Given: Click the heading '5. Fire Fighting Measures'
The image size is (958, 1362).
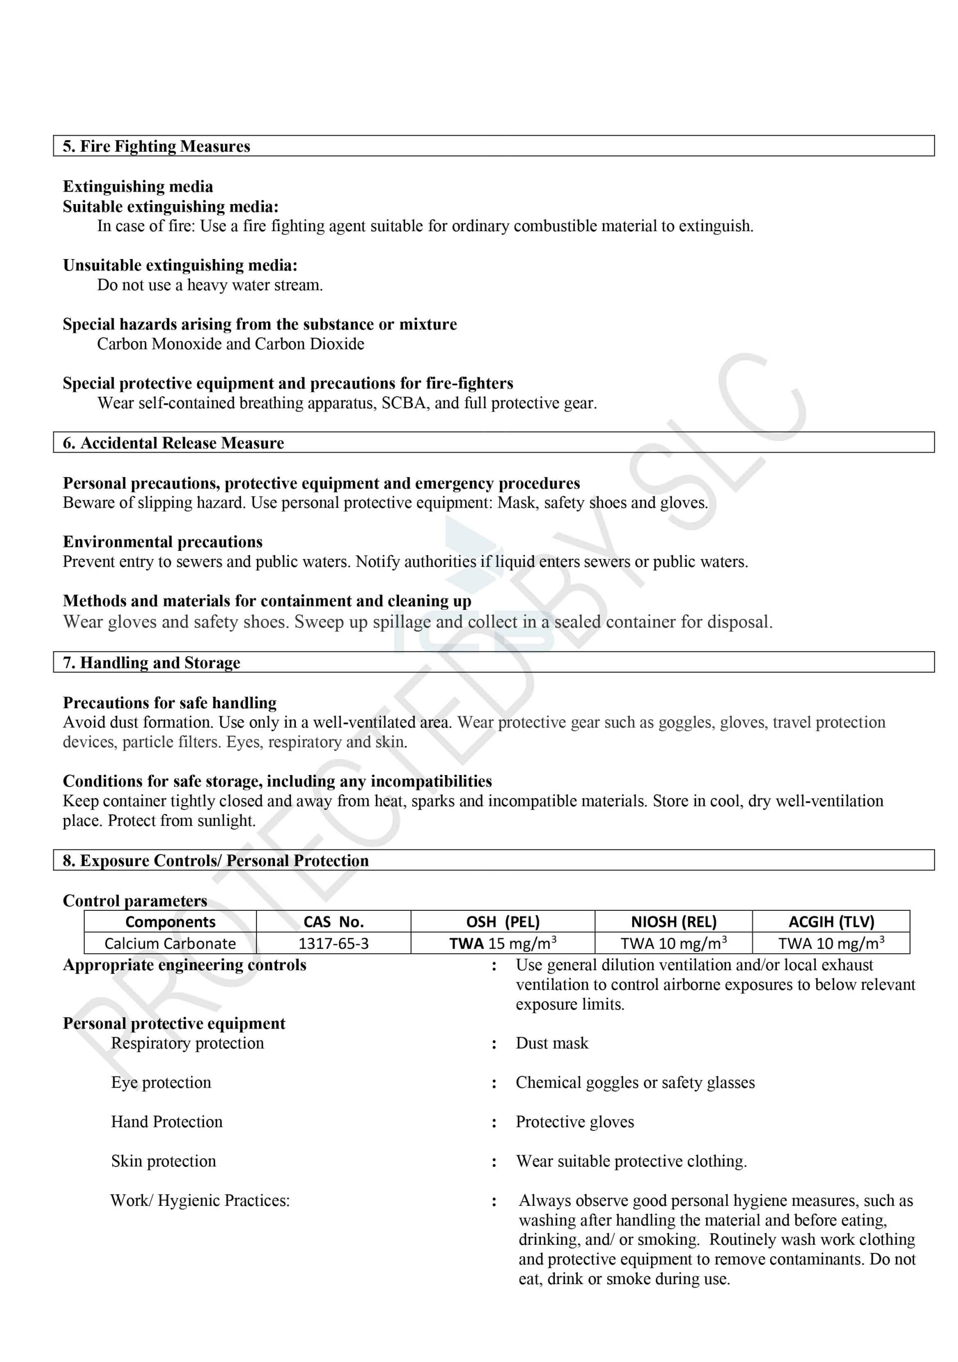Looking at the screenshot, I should pyautogui.click(x=157, y=147).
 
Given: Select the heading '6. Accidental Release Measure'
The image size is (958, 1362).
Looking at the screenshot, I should pyautogui.click(x=173, y=443).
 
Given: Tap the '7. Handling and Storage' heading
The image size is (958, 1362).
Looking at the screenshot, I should pyautogui.click(x=151, y=663).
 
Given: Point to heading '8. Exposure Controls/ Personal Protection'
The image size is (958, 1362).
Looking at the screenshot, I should pyautogui.click(x=216, y=861).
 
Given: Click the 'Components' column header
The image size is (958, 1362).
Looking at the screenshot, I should pyautogui.click(x=170, y=922).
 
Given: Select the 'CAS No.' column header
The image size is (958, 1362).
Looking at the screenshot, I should pyautogui.click(x=333, y=922).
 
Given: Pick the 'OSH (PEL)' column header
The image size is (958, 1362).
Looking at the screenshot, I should pyautogui.click(x=502, y=922).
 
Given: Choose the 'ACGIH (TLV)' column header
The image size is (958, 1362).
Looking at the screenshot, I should pyautogui.click(x=831, y=922).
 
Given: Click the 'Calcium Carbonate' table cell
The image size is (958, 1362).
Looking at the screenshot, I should pyautogui.click(x=170, y=943).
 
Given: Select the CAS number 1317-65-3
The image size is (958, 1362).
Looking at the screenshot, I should pyautogui.click(x=333, y=943).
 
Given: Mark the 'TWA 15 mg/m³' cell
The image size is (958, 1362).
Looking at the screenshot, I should pyautogui.click(x=502, y=943).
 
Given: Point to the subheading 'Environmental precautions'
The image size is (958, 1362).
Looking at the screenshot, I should pyautogui.click(x=163, y=542).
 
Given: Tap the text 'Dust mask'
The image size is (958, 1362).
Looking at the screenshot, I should pyautogui.click(x=552, y=1043).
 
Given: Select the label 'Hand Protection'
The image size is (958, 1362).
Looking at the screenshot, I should pyautogui.click(x=167, y=1122).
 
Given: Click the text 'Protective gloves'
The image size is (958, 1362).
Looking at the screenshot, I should pyautogui.click(x=574, y=1122).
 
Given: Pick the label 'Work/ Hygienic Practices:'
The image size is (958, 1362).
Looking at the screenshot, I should pyautogui.click(x=200, y=1201).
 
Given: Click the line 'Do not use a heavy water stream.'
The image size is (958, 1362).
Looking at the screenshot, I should pyautogui.click(x=210, y=285).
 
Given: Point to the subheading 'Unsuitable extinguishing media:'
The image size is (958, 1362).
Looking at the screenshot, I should pyautogui.click(x=180, y=265).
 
